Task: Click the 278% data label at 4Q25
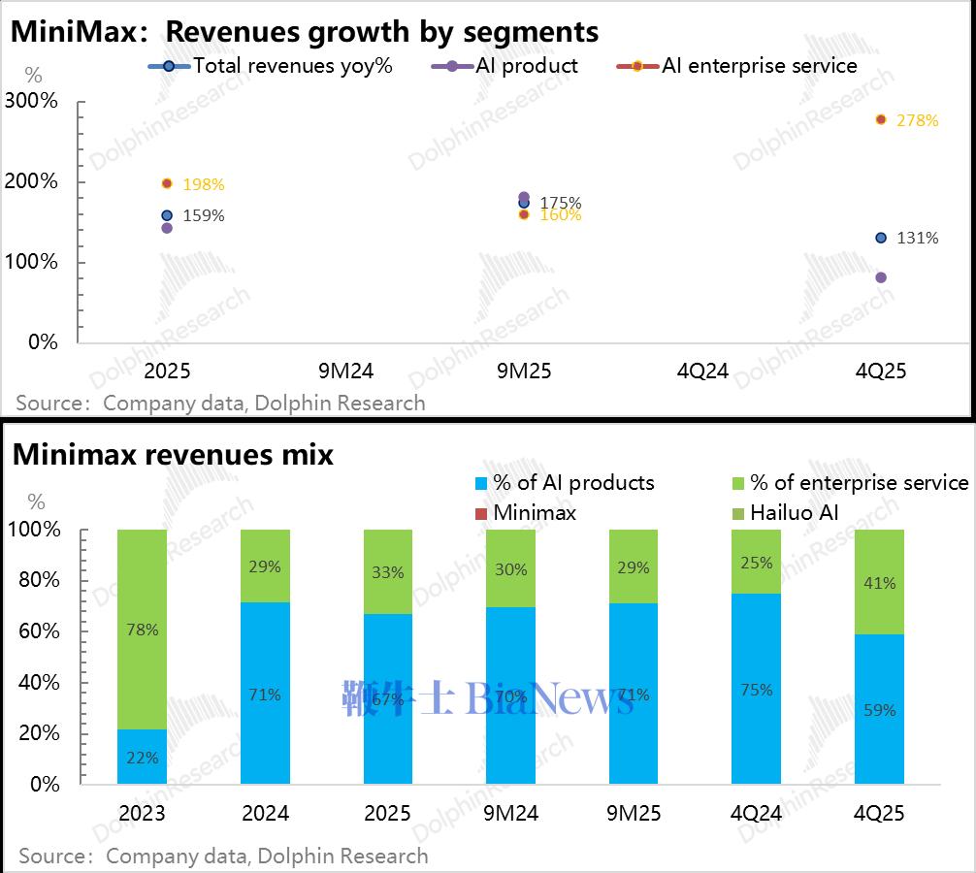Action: point(917,121)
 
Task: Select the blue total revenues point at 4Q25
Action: point(881,238)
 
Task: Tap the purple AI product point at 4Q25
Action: point(881,277)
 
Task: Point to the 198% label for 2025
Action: point(204,184)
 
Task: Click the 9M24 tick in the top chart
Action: point(345,372)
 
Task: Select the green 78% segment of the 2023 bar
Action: point(142,630)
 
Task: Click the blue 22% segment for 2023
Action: point(142,757)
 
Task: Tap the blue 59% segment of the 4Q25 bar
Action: point(879,709)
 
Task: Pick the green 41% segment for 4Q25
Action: point(879,582)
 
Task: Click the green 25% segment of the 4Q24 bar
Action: point(757,562)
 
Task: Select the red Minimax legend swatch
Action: point(480,512)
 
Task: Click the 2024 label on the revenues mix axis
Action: point(265,813)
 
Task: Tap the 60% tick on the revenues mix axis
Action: point(40,631)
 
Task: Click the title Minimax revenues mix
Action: point(173,454)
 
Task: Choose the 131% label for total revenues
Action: point(917,238)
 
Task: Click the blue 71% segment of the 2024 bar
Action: point(265,694)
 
